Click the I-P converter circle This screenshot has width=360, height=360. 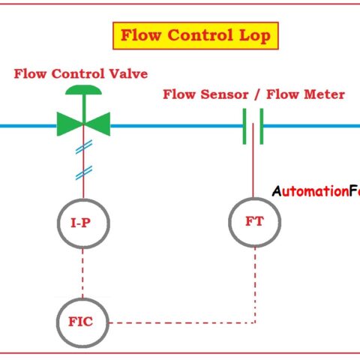click(x=83, y=222)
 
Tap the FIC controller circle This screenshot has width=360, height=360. click(x=83, y=323)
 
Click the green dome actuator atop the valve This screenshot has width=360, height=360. click(x=83, y=91)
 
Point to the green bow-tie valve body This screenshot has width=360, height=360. click(x=83, y=124)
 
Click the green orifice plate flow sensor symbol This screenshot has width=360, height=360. click(x=253, y=125)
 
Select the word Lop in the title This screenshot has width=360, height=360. click(x=255, y=35)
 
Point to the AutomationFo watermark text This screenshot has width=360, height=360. click(x=315, y=190)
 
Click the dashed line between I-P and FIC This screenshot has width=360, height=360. click(x=83, y=273)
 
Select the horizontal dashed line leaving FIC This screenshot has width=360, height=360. click(x=180, y=324)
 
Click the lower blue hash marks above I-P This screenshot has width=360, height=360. click(x=83, y=175)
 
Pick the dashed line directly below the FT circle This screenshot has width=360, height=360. click(x=255, y=285)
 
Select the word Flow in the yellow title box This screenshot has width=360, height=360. click(x=142, y=35)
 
